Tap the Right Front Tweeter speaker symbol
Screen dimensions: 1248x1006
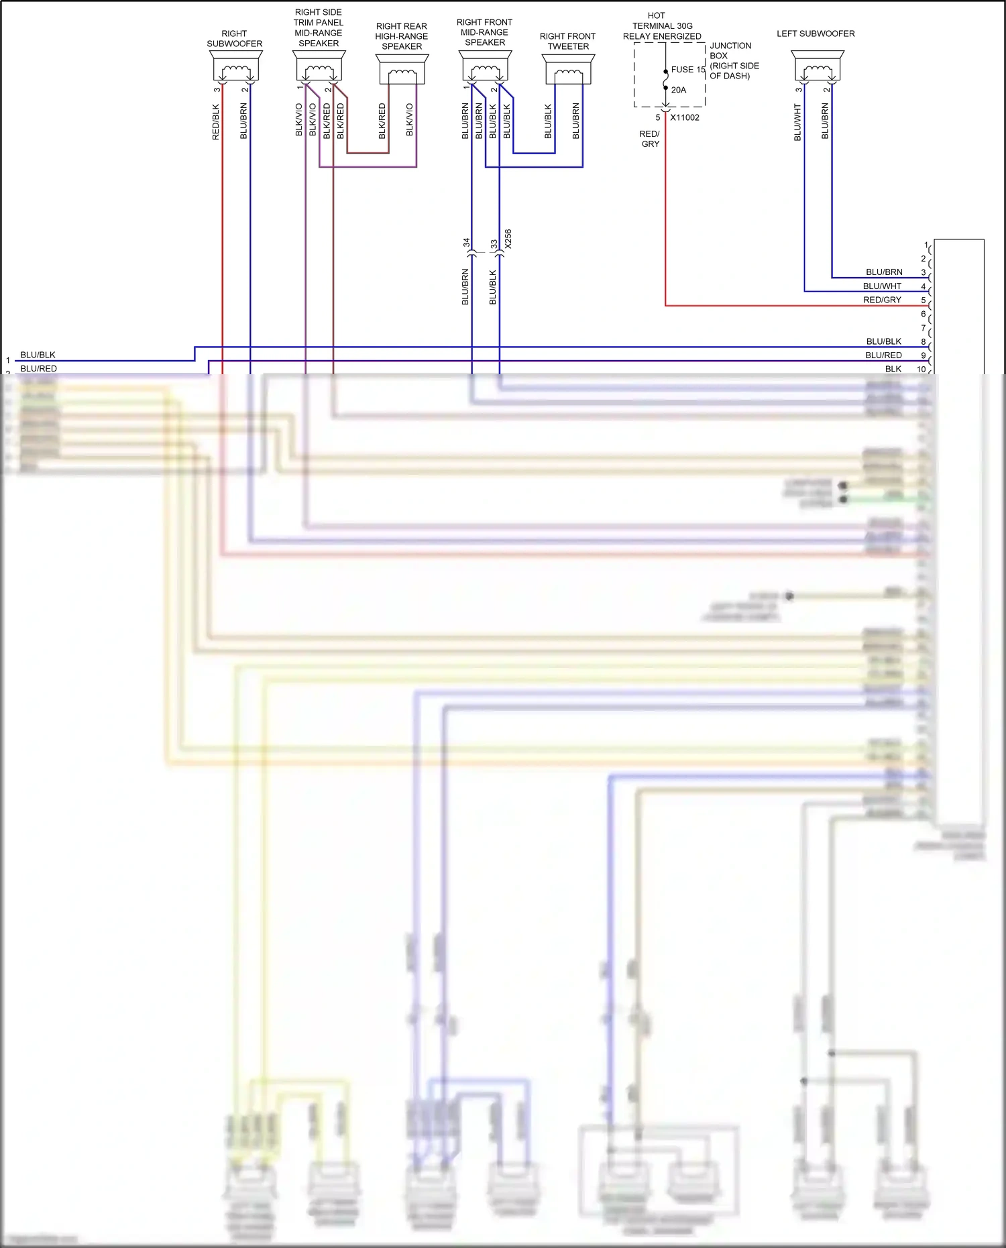(568, 70)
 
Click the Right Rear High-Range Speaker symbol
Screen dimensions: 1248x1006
(402, 70)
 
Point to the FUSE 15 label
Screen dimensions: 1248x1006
(687, 70)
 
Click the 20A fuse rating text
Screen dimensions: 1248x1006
(679, 90)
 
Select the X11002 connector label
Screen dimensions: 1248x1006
(685, 117)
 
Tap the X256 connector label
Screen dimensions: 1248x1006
(508, 239)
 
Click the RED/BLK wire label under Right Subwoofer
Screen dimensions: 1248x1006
(216, 121)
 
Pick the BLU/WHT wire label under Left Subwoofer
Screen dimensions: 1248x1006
(797, 121)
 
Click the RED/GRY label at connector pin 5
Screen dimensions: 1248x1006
(882, 300)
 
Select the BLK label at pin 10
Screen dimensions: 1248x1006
(893, 369)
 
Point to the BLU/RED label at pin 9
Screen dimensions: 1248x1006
(883, 355)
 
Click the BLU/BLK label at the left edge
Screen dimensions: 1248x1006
(38, 355)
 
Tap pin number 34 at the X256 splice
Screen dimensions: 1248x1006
(467, 243)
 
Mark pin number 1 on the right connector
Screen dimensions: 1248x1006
(926, 245)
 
